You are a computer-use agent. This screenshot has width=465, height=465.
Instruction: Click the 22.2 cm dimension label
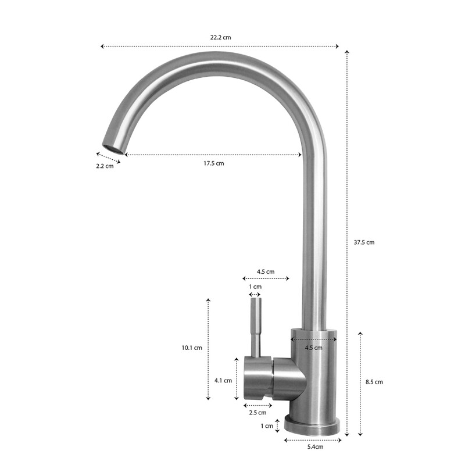(220, 37)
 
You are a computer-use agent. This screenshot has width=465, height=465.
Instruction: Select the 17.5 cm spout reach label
(213, 163)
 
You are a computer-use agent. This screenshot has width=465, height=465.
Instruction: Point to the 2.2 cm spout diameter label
(105, 166)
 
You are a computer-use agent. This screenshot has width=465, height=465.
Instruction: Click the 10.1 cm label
(191, 348)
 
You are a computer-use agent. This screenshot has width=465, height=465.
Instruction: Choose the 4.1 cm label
(223, 381)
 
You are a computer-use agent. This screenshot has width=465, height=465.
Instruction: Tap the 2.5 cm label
(257, 413)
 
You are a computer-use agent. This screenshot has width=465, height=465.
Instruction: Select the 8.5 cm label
(374, 382)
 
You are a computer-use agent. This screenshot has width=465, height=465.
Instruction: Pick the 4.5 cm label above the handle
(266, 271)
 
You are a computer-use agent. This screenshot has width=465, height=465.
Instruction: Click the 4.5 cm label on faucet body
(313, 348)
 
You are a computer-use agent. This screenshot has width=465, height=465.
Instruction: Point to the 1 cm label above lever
(255, 287)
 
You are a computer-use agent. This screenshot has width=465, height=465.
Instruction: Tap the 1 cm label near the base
(267, 426)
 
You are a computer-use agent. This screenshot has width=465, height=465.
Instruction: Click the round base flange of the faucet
(313, 425)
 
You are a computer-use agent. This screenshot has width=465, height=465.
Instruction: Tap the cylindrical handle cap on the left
(257, 378)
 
